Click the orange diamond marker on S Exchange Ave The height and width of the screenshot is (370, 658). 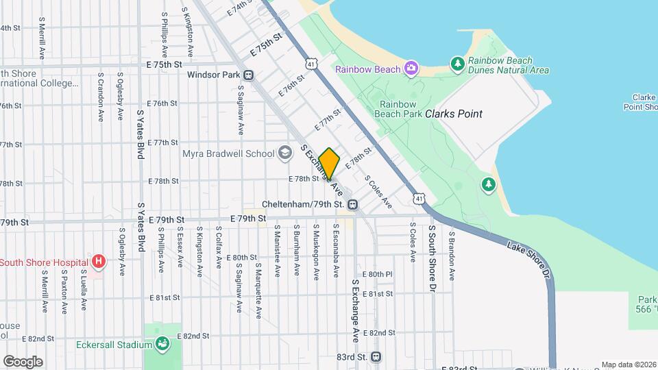[330, 164]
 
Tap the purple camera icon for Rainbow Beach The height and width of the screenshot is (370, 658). [411, 68]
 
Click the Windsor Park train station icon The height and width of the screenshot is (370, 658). [247, 75]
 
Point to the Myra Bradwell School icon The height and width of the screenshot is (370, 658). [285, 153]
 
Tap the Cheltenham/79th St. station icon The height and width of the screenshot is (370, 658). [352, 204]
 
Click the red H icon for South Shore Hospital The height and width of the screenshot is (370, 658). [99, 261]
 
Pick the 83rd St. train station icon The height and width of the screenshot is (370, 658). [376, 357]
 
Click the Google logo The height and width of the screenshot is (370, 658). [23, 362]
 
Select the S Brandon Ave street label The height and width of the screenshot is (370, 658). [452, 255]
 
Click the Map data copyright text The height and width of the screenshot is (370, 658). [629, 365]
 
